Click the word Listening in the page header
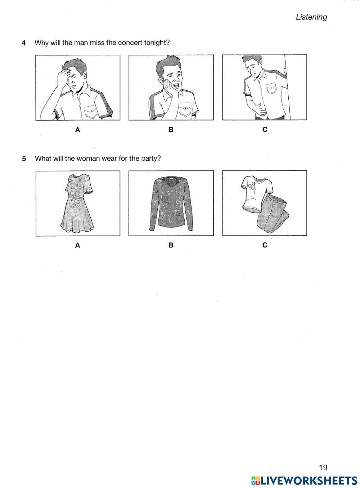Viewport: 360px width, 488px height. (311, 17)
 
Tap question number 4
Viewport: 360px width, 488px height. (24, 43)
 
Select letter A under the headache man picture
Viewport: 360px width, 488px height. (77, 130)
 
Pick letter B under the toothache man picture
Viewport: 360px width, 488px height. (171, 130)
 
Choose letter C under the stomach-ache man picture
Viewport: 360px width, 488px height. (265, 130)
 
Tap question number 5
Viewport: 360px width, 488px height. (24, 159)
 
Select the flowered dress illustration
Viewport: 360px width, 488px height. (77, 203)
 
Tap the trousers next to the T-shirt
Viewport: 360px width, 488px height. (274, 214)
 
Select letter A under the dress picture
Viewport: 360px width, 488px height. (77, 245)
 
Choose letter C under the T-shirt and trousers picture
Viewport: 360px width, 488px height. (265, 245)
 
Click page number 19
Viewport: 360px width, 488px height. (323, 467)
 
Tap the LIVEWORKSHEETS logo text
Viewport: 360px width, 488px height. (308, 480)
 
